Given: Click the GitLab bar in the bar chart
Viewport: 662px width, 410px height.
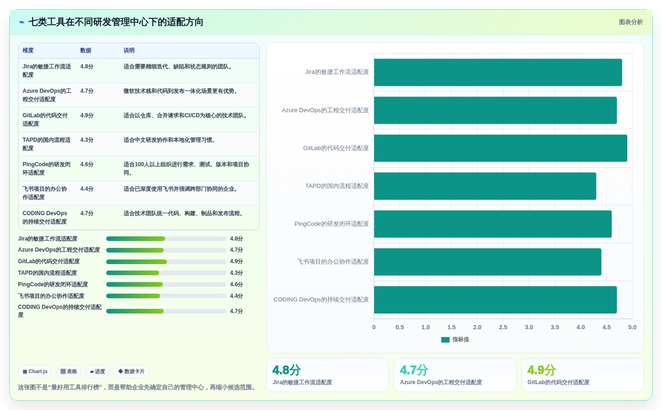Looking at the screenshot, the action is (501, 148).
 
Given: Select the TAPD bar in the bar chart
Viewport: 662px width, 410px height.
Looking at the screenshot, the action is (485, 186).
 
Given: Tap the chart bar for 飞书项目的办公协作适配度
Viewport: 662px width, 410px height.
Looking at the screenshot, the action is (488, 262).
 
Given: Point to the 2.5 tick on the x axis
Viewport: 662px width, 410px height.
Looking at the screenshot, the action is (503, 327).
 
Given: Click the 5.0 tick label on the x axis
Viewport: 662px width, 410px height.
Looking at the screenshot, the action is (632, 327).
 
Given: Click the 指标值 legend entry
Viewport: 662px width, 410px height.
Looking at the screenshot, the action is (455, 340).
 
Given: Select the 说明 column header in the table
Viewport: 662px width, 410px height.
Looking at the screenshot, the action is (129, 50).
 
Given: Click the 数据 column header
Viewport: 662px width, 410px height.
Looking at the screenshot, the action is (86, 50).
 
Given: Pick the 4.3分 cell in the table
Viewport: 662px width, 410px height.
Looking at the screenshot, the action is (87, 140).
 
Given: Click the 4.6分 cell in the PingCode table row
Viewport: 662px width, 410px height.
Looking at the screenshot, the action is (87, 164).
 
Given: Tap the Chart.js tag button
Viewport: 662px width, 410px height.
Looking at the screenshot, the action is (35, 371).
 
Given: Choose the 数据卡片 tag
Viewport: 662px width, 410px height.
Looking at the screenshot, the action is (131, 371).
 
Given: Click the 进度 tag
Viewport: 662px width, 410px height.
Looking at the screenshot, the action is (97, 371).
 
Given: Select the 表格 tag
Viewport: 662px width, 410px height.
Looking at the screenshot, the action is (69, 371).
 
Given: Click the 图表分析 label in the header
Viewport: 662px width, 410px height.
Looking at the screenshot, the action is (631, 22).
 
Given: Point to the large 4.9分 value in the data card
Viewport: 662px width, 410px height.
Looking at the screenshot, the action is (542, 370).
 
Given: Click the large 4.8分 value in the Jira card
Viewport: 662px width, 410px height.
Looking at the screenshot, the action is (286, 370).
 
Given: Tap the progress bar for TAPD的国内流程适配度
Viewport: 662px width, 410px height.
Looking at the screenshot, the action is (166, 273).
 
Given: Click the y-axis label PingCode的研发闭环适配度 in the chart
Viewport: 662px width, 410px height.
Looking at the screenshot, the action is (332, 224).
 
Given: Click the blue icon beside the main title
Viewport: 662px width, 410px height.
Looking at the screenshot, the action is (22, 22).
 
